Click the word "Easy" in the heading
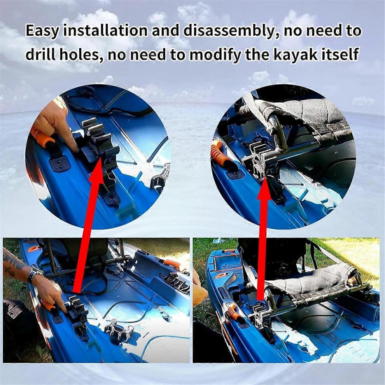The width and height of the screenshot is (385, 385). pyautogui.click(x=42, y=31)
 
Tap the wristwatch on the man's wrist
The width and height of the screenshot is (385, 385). pyautogui.click(x=34, y=274)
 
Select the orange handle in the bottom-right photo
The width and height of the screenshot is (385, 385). pyautogui.click(x=232, y=312)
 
